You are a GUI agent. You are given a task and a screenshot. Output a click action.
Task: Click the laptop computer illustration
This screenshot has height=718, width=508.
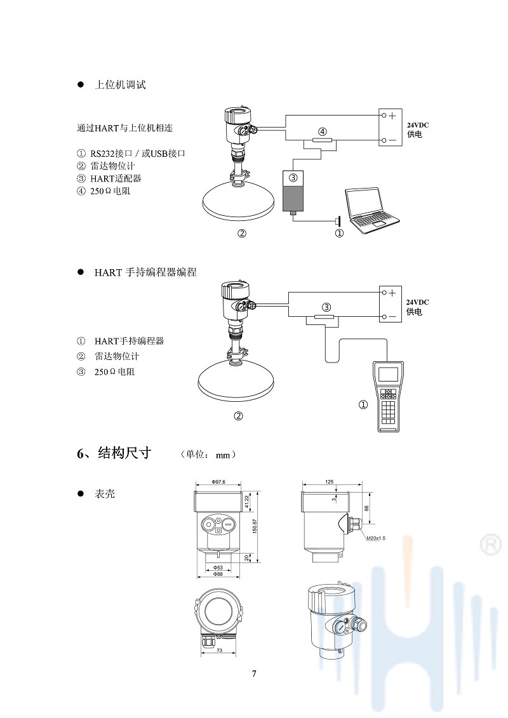(371, 209)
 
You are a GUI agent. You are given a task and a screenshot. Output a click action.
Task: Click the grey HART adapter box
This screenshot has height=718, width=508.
(293, 190)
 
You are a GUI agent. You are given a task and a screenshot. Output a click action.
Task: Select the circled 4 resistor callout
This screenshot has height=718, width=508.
(323, 131)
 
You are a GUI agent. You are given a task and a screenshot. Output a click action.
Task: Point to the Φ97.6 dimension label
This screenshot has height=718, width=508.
(218, 482)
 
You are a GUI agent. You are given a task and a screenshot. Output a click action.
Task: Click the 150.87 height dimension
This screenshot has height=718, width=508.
(255, 526)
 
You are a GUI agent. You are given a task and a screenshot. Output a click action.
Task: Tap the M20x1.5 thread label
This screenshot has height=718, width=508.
(376, 538)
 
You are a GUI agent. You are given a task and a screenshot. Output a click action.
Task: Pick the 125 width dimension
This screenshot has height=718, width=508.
(329, 482)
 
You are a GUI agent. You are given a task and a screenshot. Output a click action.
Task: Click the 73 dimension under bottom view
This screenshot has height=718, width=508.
(218, 651)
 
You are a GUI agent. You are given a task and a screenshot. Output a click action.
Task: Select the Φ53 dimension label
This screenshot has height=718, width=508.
(218, 567)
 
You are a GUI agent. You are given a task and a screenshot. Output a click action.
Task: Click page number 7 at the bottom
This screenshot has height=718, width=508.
(254, 674)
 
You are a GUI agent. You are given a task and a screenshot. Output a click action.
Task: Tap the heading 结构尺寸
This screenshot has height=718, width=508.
(124, 453)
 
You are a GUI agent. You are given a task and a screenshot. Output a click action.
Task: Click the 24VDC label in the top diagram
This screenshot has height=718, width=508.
(418, 125)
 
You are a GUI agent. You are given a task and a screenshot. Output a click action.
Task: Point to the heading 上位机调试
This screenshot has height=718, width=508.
(120, 85)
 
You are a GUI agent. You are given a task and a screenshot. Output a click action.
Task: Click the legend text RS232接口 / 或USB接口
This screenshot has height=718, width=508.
(137, 154)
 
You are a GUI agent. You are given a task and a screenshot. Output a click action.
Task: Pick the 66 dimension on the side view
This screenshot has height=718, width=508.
(366, 508)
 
